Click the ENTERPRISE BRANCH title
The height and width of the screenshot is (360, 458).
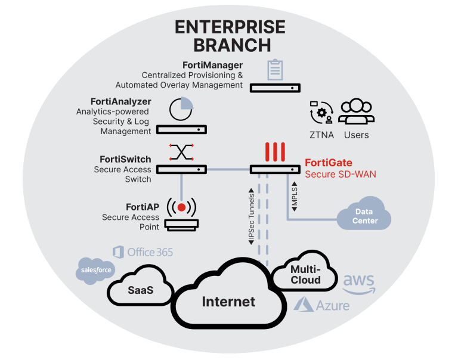[230, 36]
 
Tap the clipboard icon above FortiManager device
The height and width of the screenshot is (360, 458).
[274, 69]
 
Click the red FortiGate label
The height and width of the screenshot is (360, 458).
[329, 163]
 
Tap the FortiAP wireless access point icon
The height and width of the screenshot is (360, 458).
[181, 208]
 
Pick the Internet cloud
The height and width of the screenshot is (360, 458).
[228, 301]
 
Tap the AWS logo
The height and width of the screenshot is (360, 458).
[358, 282]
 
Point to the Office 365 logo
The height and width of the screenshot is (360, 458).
[143, 252]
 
